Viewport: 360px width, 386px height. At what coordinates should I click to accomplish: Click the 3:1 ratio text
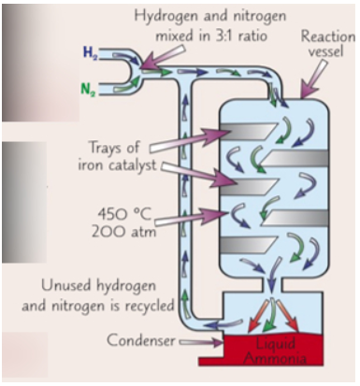(x=251, y=35)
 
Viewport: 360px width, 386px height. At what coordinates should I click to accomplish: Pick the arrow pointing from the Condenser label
(x=206, y=342)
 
